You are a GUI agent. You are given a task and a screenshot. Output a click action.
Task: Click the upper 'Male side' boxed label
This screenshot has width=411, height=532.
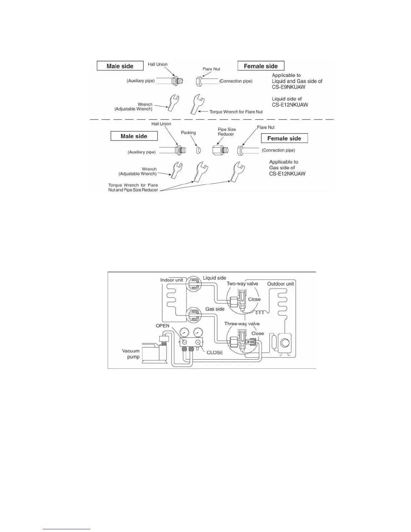click(x=120, y=66)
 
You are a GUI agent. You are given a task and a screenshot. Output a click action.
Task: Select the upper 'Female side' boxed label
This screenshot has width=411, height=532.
click(x=261, y=66)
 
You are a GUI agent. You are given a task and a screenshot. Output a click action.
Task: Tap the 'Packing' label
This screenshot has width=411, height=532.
click(x=188, y=133)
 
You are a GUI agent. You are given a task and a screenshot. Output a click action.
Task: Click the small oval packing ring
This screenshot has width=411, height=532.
click(x=198, y=150)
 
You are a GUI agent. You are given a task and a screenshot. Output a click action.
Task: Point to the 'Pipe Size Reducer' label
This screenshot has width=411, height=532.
click(x=227, y=132)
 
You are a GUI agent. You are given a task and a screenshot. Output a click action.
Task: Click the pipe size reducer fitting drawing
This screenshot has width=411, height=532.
click(x=220, y=150)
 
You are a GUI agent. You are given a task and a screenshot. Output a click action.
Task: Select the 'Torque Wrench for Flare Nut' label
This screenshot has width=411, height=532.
click(x=236, y=112)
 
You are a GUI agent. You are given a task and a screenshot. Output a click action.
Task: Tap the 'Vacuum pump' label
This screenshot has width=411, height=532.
click(x=131, y=354)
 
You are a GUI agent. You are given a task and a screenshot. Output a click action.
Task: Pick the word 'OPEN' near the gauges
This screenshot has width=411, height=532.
click(x=163, y=326)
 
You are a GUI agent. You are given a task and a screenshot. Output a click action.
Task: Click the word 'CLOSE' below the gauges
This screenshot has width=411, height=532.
click(x=215, y=353)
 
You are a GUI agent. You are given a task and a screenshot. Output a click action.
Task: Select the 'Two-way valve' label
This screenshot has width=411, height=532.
click(x=242, y=284)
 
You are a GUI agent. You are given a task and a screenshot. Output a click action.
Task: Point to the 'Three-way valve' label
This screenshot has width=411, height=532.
click(x=242, y=324)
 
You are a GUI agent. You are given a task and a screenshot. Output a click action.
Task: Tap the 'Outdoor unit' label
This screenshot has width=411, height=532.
click(x=280, y=284)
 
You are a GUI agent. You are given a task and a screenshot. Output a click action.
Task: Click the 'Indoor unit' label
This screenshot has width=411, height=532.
click(x=172, y=280)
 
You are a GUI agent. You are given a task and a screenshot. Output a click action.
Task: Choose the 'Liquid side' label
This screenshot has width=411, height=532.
click(x=214, y=278)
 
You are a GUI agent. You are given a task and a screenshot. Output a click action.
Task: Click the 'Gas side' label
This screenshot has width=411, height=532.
click(x=215, y=309)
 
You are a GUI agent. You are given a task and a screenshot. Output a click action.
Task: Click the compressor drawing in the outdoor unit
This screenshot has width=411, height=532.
click(x=285, y=343)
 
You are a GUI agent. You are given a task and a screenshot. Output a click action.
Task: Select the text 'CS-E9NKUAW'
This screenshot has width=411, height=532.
click(x=288, y=87)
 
